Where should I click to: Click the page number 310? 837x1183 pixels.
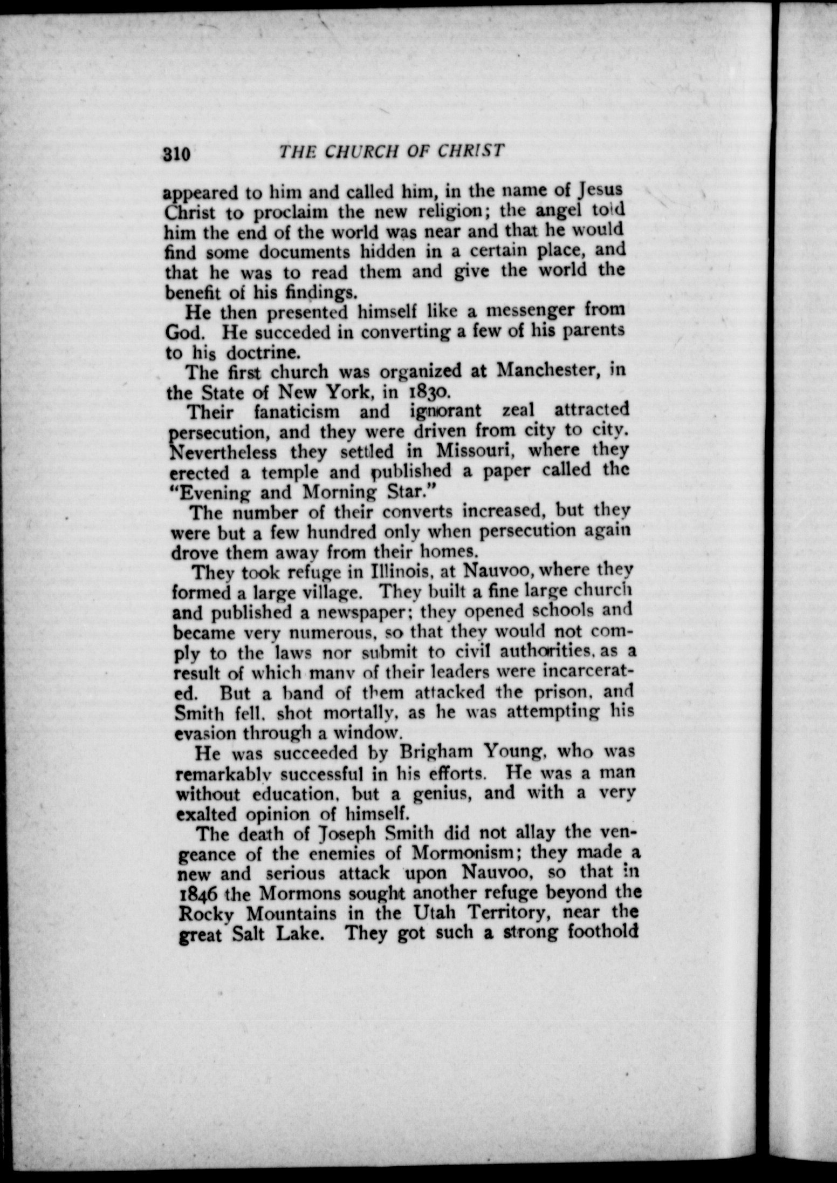[x=176, y=154]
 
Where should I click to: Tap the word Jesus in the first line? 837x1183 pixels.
[x=600, y=190]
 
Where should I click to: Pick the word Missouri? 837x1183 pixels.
[x=475, y=451]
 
